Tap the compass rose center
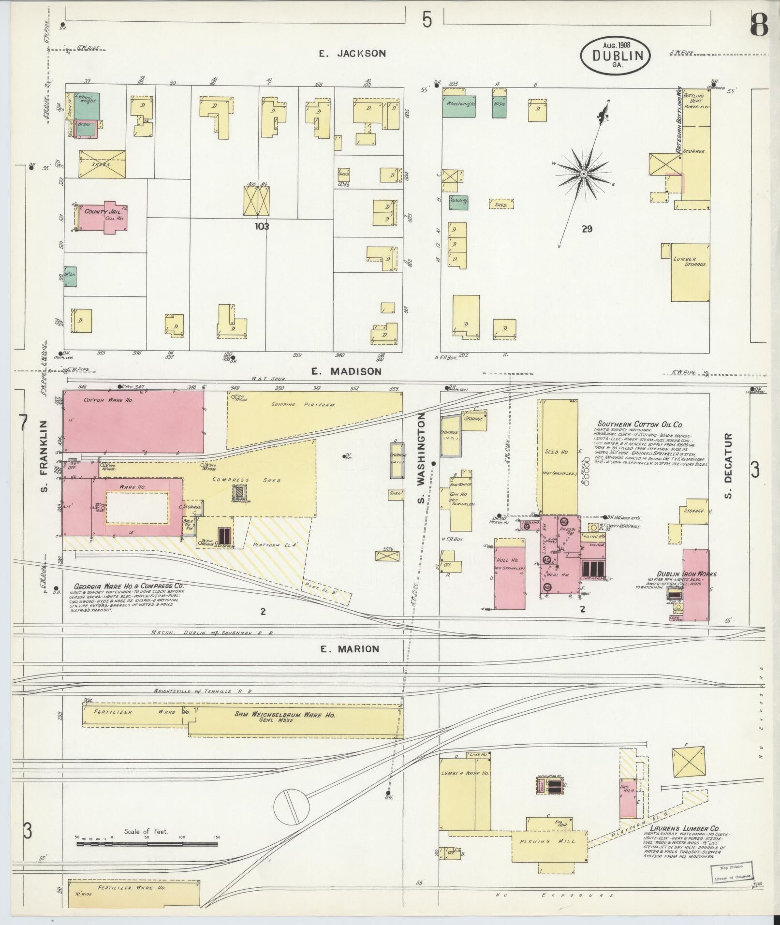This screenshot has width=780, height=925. (x=584, y=174)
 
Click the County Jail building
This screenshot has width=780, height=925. (x=103, y=215)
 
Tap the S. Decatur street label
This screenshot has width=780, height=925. (x=729, y=465)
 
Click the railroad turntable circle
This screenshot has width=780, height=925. (x=291, y=806)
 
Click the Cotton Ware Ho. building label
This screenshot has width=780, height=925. (x=102, y=400)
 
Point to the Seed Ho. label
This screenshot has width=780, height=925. (x=556, y=452)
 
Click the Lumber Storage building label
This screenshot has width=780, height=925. (x=690, y=262)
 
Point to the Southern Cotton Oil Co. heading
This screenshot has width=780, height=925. (x=639, y=425)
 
